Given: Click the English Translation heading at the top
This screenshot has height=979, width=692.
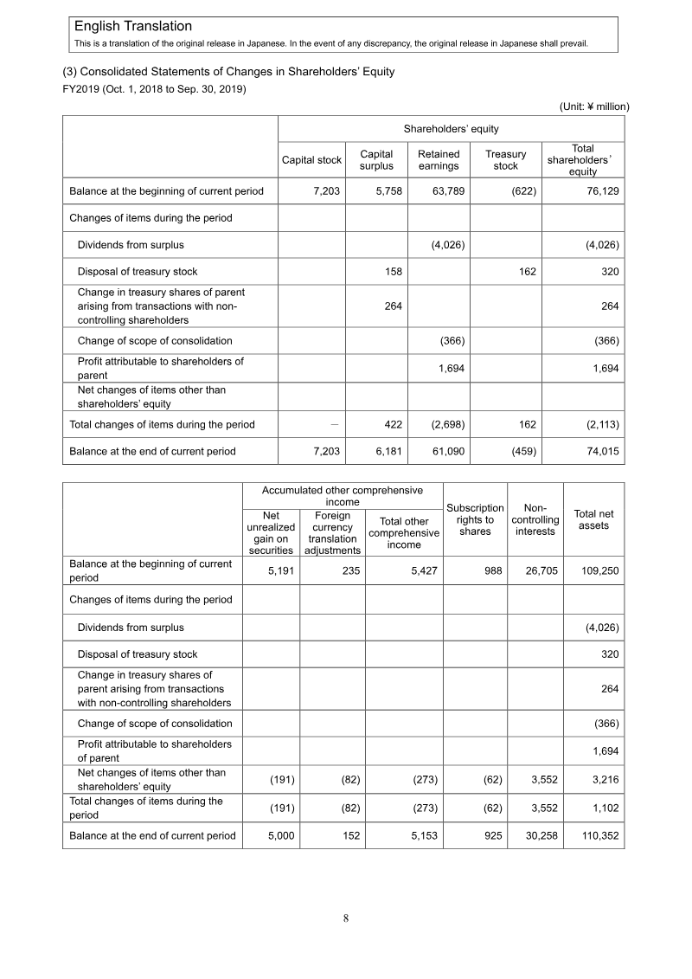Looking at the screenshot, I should pos(133,28).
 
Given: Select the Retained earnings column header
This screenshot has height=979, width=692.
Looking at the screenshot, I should pos(439,160).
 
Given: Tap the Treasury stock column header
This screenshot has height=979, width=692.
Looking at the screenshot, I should pos(505,160).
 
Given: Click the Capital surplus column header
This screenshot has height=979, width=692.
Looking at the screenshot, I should pos(376,160).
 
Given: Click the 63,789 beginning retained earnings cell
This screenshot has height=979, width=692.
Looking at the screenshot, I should pos(449,190).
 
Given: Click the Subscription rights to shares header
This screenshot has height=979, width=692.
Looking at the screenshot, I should pos(475,519).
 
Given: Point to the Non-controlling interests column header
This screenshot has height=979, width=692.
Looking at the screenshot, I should pos(535,519).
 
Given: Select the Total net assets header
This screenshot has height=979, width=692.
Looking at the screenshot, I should pos(593,519).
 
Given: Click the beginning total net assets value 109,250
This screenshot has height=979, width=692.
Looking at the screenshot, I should pos(599,570).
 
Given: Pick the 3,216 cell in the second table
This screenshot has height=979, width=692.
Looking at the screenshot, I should pos(604,780).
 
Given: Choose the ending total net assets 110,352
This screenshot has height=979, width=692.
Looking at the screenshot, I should pos(599,836).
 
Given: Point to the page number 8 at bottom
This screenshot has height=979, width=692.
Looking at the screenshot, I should pos(346,918).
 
